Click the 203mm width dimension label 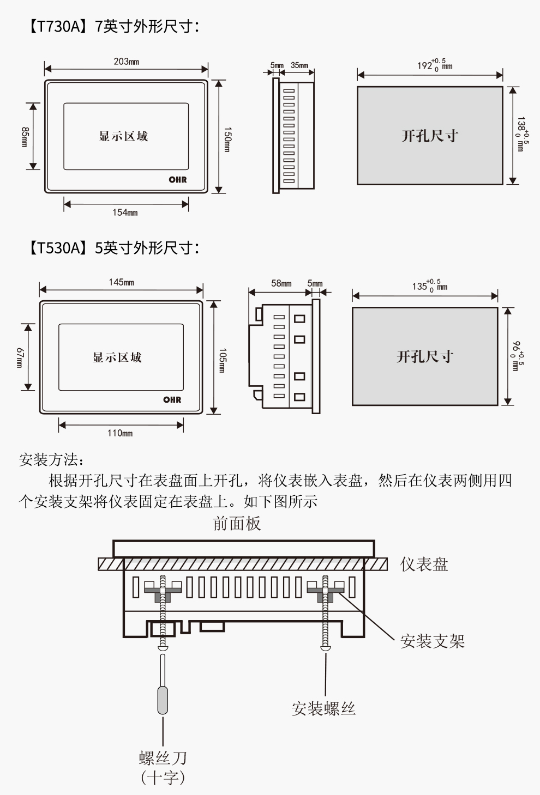pyautogui.click(x=126, y=62)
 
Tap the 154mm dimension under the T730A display pyautogui.click(x=125, y=213)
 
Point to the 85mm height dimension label pyautogui.click(x=25, y=137)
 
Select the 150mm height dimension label pyautogui.click(x=227, y=139)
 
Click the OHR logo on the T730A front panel pyautogui.click(x=177, y=179)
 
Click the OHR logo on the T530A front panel pyautogui.click(x=172, y=399)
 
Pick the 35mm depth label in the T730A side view pyautogui.click(x=299, y=65)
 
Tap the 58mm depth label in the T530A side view pyautogui.click(x=281, y=283)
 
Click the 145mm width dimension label pyautogui.click(x=121, y=282)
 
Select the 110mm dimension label pyautogui.click(x=119, y=433)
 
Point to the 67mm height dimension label pyautogui.click(x=20, y=357)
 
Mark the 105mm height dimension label pyautogui.click(x=223, y=360)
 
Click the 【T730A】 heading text pyautogui.click(x=57, y=26)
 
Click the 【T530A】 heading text pyautogui.click(x=57, y=248)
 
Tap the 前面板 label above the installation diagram pyautogui.click(x=237, y=524)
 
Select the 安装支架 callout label pyautogui.click(x=432, y=641)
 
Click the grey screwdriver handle pyautogui.click(x=163, y=700)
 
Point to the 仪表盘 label pyautogui.click(x=424, y=564)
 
